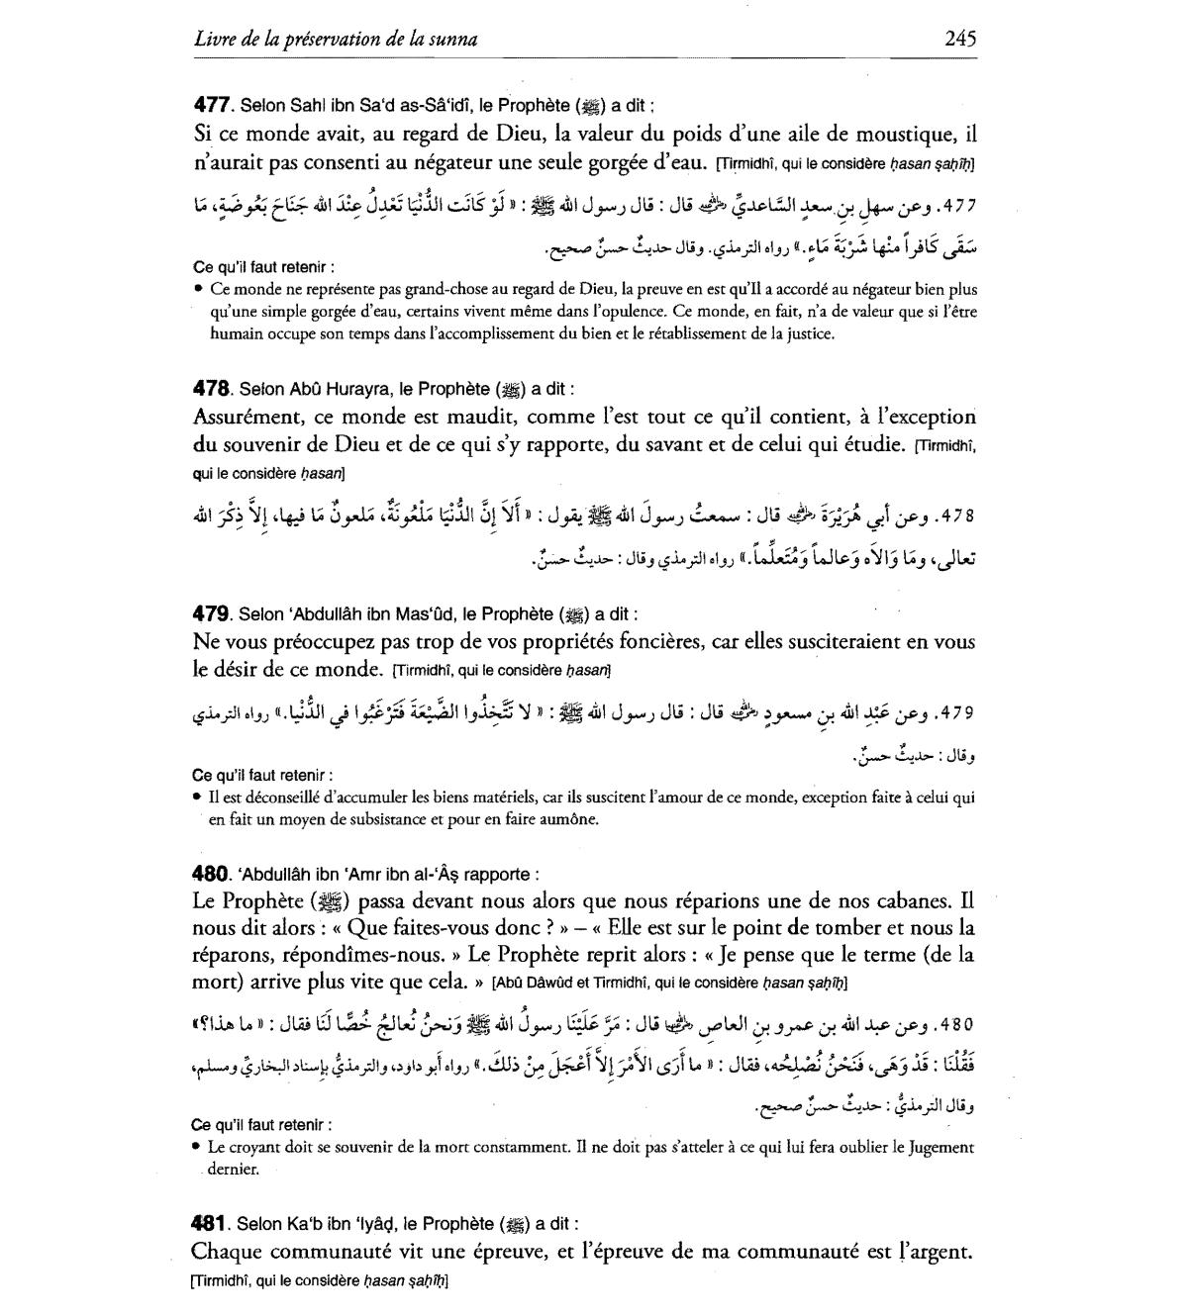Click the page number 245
[960, 39]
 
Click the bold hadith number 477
[211, 104]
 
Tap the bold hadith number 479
[211, 612]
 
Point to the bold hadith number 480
[211, 874]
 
